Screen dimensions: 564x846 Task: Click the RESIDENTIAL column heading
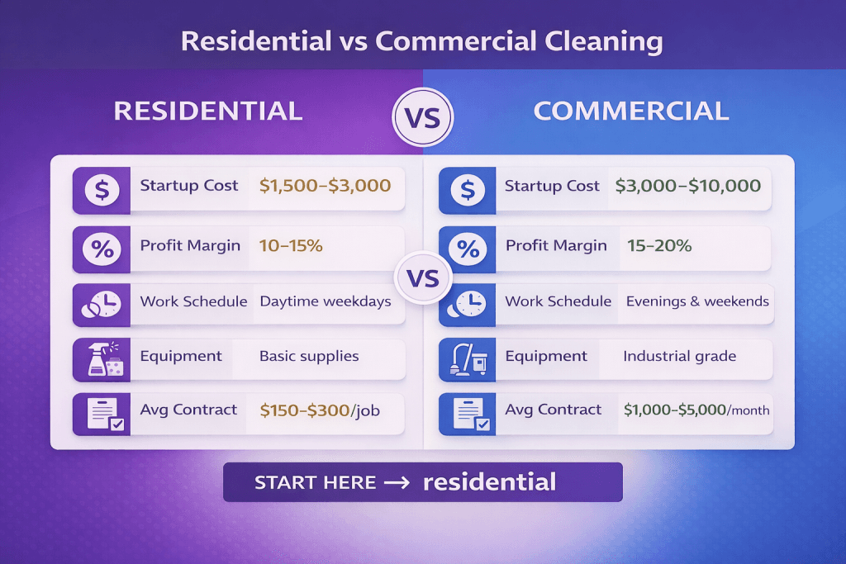[x=207, y=111]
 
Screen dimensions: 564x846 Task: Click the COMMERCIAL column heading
[x=631, y=111]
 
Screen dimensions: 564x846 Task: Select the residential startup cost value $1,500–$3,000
[x=325, y=186]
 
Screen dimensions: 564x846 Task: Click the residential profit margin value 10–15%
[x=290, y=245]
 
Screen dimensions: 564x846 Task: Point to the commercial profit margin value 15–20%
[x=658, y=245]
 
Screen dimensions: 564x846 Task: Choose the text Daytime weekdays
[x=325, y=301]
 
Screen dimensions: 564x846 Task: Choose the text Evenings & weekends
[x=697, y=301]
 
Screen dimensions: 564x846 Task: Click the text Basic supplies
[x=309, y=357]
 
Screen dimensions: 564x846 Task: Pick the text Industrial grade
[x=679, y=357]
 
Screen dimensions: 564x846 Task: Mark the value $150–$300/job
[x=320, y=410]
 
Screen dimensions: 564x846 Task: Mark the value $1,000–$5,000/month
[x=696, y=410]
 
